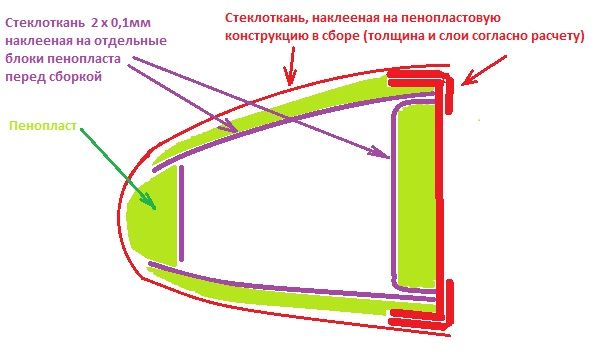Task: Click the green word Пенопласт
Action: [43, 126]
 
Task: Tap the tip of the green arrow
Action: [156, 209]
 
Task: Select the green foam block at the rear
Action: [416, 196]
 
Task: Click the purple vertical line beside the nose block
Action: [181, 213]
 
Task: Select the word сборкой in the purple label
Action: [76, 76]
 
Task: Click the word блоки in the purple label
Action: [24, 59]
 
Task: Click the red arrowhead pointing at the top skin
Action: [290, 78]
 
